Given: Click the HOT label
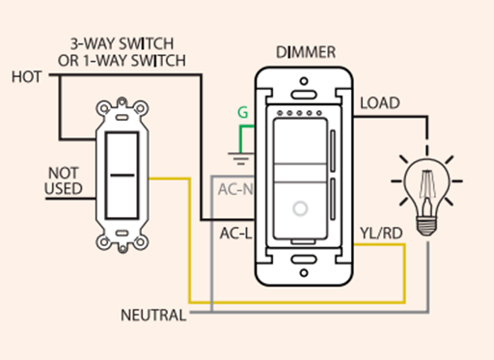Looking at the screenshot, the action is tap(27, 77).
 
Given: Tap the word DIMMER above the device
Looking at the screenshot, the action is tap(306, 52).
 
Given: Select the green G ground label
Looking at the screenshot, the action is tap(243, 112).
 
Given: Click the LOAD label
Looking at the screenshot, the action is tap(380, 103).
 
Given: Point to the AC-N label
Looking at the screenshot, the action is tap(235, 189).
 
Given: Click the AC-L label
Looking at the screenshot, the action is tap(235, 234).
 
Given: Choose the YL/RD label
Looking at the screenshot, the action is tap(381, 234).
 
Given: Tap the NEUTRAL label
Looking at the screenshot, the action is tap(153, 315).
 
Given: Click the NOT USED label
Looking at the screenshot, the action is tap(64, 180).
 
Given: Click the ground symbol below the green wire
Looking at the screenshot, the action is tap(240, 158).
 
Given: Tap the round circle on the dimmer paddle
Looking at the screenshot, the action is tap(300, 208).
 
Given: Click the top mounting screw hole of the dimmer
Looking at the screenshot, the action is tap(304, 81).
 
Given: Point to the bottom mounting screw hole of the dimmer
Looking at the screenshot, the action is tap(304, 273).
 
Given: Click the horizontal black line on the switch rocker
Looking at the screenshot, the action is tap(123, 176).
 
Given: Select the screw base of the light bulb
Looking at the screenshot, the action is tap(426, 226).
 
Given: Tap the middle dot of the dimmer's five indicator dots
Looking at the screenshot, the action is tap(299, 113).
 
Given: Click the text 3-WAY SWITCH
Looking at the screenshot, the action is tap(122, 43).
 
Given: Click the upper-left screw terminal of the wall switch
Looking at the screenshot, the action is tap(103, 109).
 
